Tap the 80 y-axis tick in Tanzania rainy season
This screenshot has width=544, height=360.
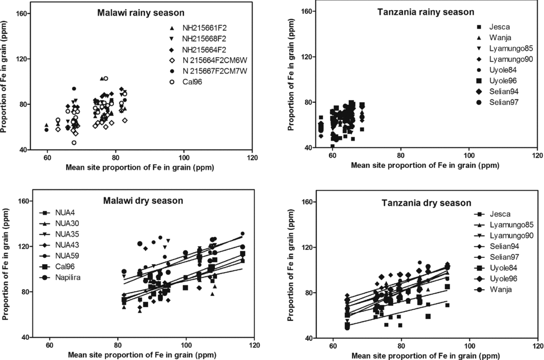(x=306, y=102)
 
